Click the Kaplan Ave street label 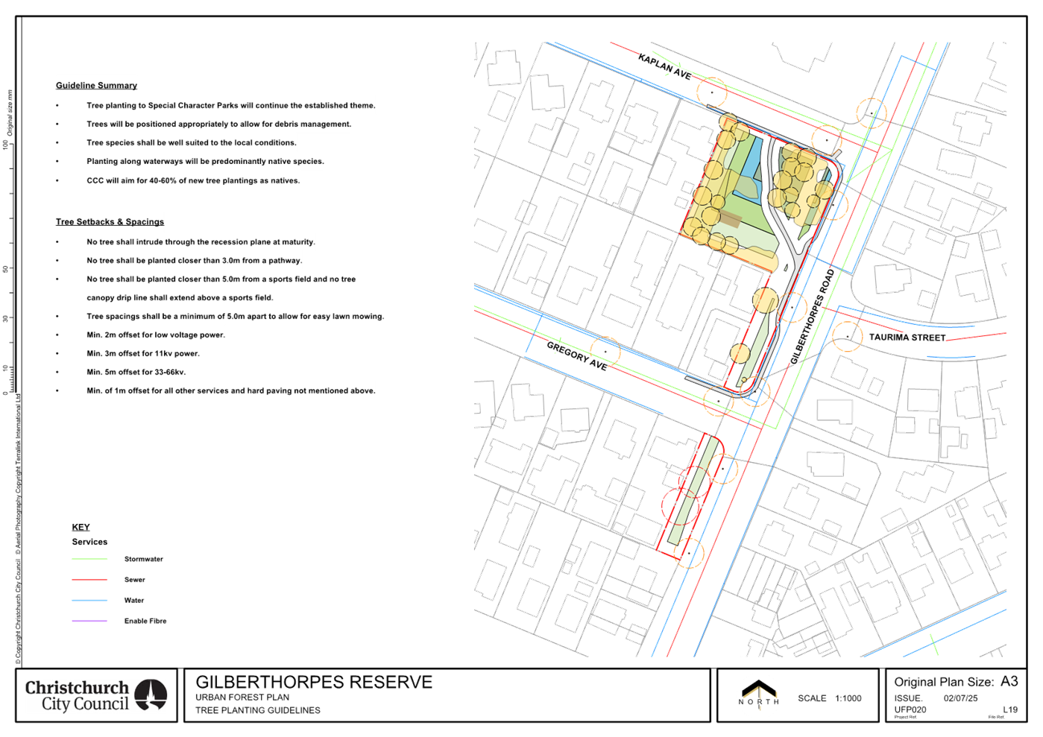665,66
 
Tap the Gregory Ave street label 577,355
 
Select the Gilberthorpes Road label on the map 812,317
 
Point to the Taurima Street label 907,338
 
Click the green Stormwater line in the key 89,559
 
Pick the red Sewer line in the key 89,580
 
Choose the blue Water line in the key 89,600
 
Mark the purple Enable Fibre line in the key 89,621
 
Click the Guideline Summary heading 96,86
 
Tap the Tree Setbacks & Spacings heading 110,222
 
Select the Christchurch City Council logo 96,696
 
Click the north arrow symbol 758,695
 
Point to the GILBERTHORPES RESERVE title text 314,682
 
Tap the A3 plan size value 1009,681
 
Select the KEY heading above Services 81,527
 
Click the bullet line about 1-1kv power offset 143,354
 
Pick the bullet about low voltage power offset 156,335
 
